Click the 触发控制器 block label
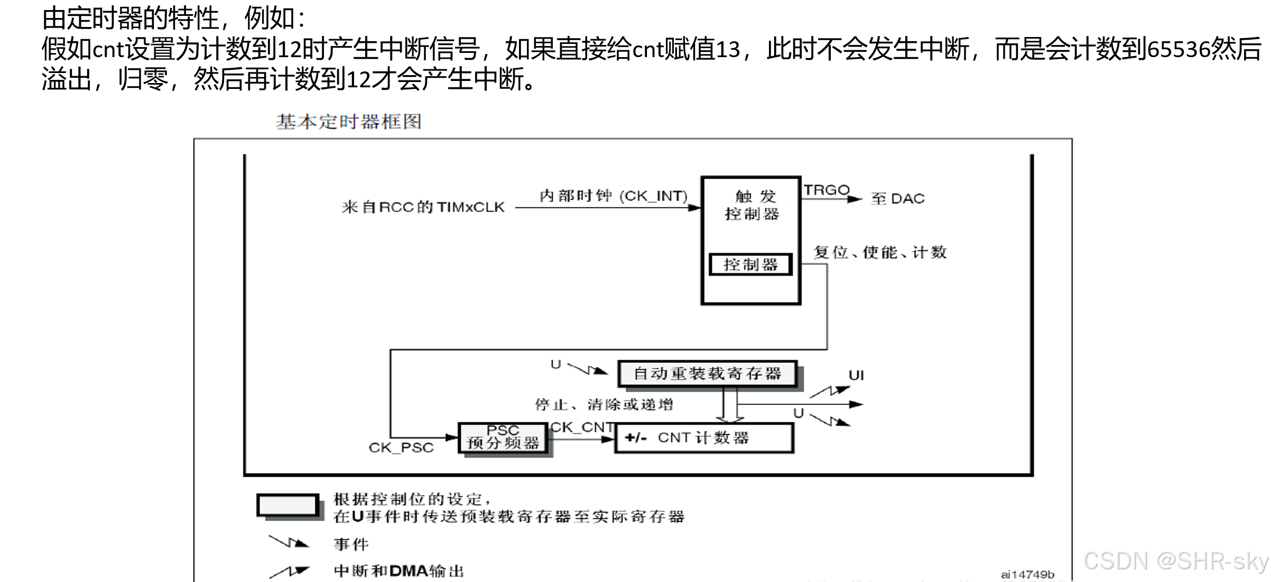point(752,205)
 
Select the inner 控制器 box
point(750,265)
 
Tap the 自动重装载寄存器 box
point(707,374)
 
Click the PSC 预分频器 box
point(503,438)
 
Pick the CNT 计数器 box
point(704,438)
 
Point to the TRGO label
point(827,190)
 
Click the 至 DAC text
point(898,199)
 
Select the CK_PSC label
point(401,448)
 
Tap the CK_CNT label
point(582,427)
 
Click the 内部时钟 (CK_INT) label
point(614,196)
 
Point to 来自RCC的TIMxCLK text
point(423,207)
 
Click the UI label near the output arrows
point(856,376)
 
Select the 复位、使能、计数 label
point(880,252)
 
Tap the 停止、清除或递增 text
point(604,405)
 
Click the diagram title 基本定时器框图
point(349,122)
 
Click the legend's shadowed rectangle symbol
point(289,506)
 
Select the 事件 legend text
point(351,544)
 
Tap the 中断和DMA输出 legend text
point(399,571)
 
